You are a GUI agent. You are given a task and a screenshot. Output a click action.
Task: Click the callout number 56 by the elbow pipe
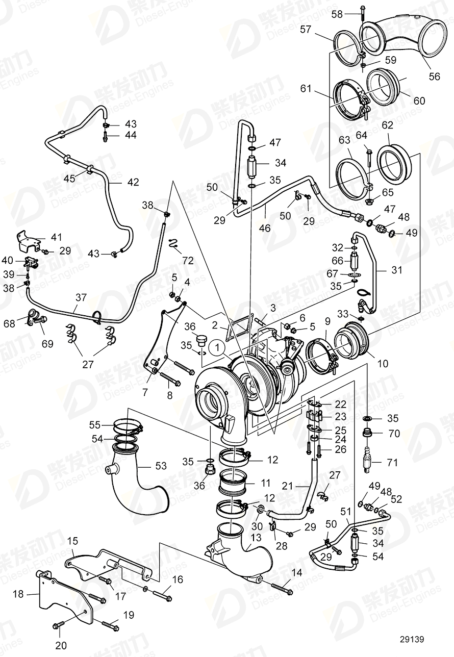434,77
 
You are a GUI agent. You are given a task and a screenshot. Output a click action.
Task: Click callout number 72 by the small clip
188,261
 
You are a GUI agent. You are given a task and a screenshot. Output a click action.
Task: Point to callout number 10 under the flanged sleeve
382,364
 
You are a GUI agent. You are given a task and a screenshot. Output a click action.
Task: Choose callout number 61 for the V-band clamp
305,89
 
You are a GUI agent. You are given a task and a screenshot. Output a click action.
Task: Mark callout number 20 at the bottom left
61,645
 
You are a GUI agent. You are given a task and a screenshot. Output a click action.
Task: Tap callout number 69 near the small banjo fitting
47,344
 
